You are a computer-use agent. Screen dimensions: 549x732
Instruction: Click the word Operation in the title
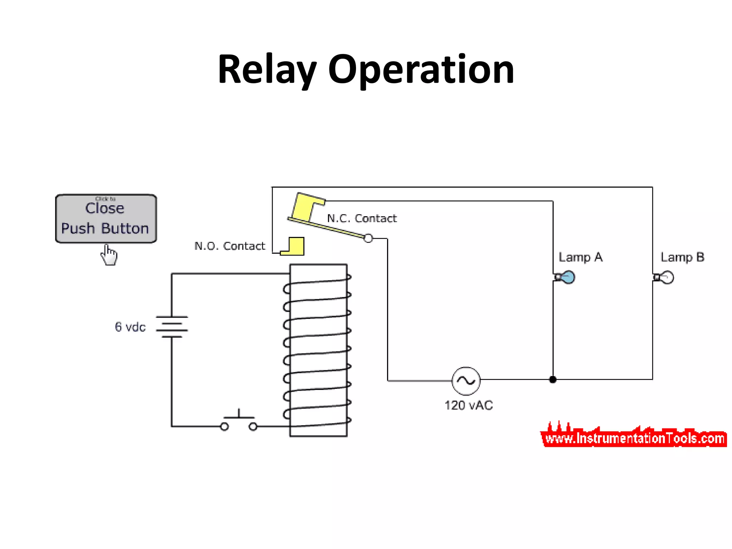421,70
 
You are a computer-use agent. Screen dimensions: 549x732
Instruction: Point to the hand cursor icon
109,255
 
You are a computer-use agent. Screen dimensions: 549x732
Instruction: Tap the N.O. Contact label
229,246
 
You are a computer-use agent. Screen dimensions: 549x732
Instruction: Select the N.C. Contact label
362,218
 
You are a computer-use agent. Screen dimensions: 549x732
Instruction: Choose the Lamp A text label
580,257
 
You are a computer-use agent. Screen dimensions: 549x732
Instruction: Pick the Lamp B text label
682,257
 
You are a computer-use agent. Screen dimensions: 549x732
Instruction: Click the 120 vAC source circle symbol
466,381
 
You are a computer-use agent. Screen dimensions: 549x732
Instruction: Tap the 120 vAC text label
469,405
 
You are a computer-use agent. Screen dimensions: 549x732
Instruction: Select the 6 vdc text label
130,327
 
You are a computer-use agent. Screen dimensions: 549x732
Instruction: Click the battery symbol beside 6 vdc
172,327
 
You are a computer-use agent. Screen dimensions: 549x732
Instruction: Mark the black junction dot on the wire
553,380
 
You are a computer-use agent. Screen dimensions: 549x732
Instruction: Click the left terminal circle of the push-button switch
224,426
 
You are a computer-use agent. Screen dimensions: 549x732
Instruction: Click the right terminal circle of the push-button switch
253,426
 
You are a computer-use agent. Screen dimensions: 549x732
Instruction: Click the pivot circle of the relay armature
368,238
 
